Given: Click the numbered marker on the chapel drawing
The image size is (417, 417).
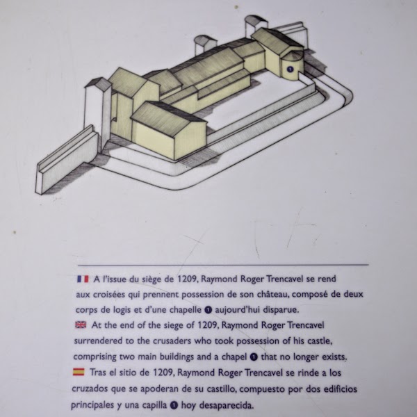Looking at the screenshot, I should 289,69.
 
